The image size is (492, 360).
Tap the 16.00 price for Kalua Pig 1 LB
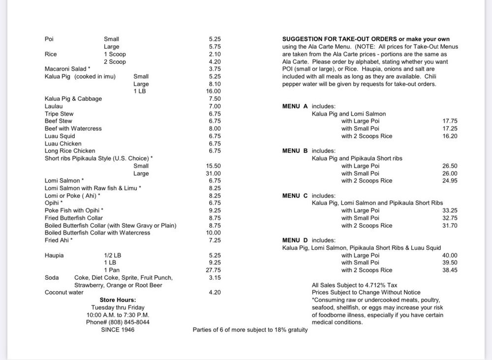click(x=214, y=91)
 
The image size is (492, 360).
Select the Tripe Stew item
click(x=59, y=114)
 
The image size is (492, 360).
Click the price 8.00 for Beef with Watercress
click(x=215, y=128)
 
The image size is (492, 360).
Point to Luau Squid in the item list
click(x=60, y=136)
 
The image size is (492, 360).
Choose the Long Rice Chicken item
click(x=70, y=151)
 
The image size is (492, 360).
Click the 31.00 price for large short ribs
click(x=214, y=174)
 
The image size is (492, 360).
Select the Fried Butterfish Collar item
click(x=74, y=218)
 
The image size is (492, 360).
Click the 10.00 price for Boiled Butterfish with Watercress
click(x=214, y=233)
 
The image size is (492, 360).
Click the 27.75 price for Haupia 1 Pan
click(x=214, y=270)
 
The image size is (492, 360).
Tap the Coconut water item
click(x=64, y=293)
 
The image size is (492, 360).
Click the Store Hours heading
click(x=118, y=300)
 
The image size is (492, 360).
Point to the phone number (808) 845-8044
click(x=118, y=322)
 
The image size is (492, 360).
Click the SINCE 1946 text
click(x=118, y=330)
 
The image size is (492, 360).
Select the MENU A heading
click(x=295, y=106)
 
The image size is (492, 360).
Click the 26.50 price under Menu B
click(x=450, y=166)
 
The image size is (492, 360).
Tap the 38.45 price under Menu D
click(x=450, y=270)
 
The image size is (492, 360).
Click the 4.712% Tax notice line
click(x=354, y=285)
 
